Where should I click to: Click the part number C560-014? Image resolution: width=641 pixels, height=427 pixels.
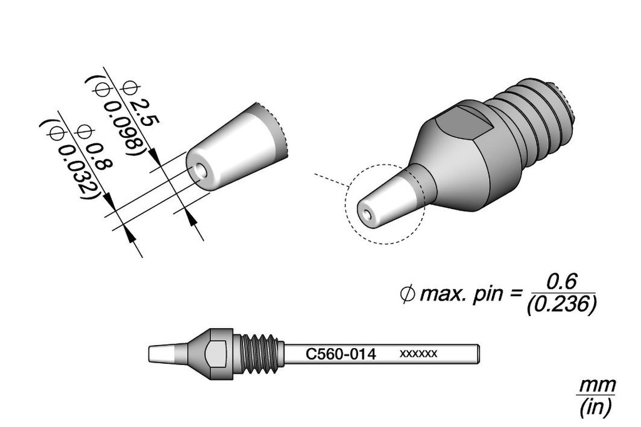[x=341, y=354]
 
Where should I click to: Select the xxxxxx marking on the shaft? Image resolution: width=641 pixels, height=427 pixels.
[x=418, y=354]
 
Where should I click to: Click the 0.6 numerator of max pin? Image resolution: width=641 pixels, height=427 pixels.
[x=561, y=279]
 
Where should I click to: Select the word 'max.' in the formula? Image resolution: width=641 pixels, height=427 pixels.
[x=443, y=293]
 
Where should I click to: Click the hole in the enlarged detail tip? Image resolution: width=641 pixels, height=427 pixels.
[x=200, y=170]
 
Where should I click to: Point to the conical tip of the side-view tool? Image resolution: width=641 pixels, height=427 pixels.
[x=167, y=354]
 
